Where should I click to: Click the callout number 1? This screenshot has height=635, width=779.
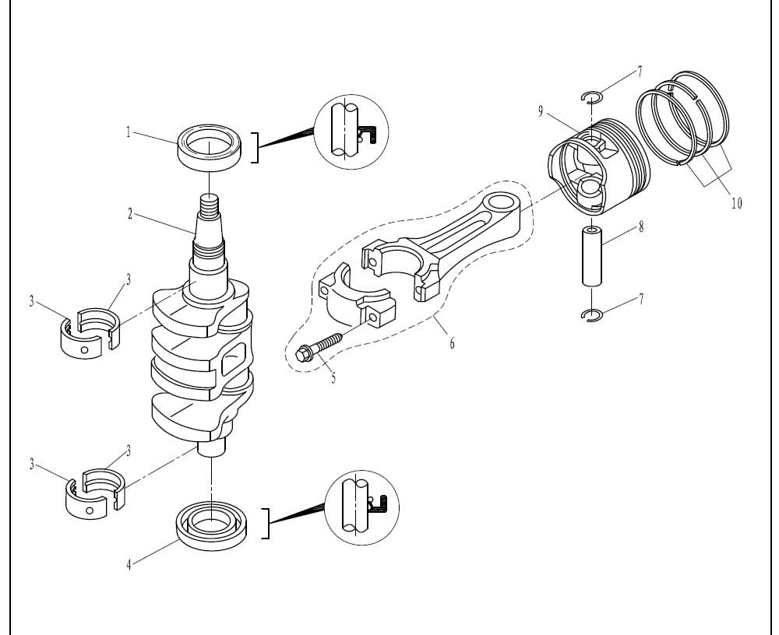(x=129, y=132)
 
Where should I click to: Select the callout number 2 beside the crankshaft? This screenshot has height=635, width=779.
(x=130, y=212)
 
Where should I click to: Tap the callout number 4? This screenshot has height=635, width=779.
(x=129, y=563)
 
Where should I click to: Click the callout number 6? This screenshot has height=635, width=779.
(x=452, y=342)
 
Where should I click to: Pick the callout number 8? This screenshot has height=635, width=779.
(x=640, y=229)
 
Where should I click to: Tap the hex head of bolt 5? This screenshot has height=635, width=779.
(x=303, y=354)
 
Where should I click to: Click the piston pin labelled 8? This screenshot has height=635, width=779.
(x=595, y=258)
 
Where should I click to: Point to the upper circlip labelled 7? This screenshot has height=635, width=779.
(x=593, y=97)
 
